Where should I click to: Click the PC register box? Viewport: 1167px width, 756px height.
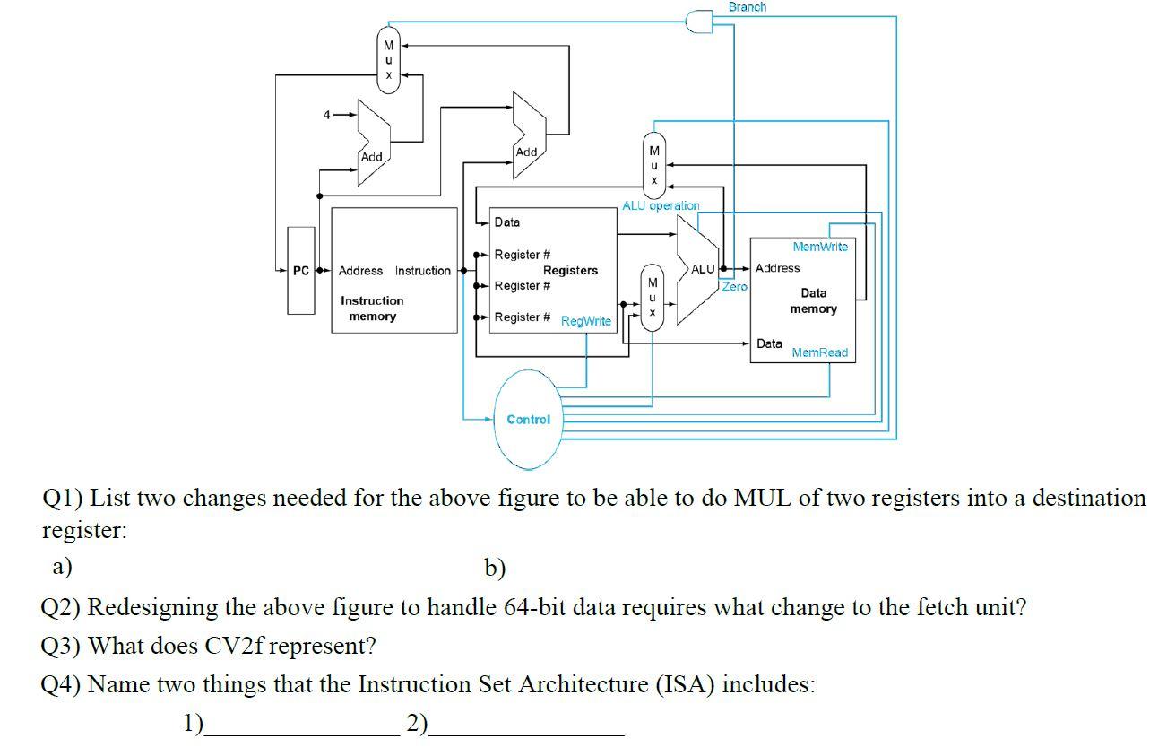(x=300, y=270)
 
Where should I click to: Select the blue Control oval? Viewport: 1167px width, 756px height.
(x=528, y=420)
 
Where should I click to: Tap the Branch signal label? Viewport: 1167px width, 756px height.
(x=747, y=7)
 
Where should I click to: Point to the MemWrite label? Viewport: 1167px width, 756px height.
(x=819, y=246)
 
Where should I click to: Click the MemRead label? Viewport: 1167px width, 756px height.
(x=819, y=352)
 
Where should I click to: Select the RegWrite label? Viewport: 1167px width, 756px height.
(x=586, y=321)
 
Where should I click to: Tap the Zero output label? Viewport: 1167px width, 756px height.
(x=734, y=287)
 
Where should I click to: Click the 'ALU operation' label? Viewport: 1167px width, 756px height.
(x=661, y=205)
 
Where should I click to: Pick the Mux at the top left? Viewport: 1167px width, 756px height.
(x=388, y=60)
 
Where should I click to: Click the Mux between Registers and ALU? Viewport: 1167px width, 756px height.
(x=653, y=297)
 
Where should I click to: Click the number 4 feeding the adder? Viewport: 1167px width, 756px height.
(x=328, y=115)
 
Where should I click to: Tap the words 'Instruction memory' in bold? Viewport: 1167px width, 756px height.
(x=372, y=308)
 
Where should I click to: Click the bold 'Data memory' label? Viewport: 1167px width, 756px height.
(x=813, y=301)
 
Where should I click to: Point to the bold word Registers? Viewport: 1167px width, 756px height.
(x=570, y=270)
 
